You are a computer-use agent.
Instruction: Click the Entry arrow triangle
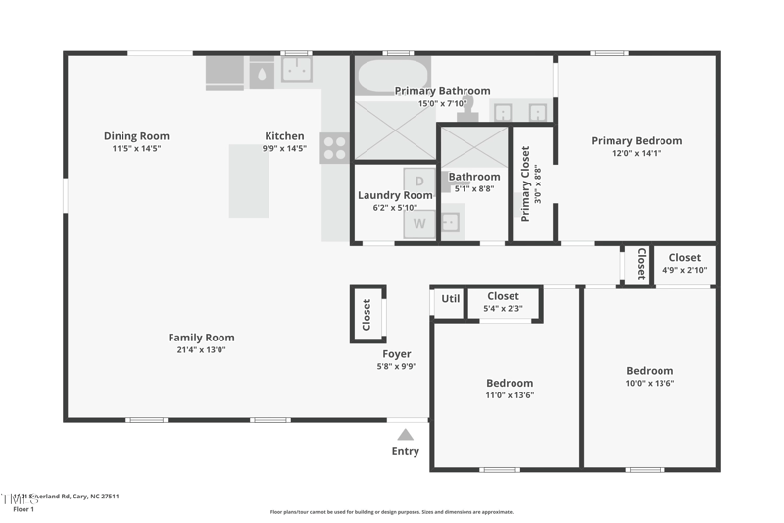click(x=406, y=434)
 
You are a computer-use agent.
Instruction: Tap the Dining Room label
click(x=136, y=136)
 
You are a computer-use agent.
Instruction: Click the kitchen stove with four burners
click(x=335, y=148)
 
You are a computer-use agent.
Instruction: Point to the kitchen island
click(x=249, y=182)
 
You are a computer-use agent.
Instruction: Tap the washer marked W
click(x=419, y=223)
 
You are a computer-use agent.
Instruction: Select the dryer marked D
click(x=419, y=182)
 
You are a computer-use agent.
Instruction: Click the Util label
click(x=450, y=299)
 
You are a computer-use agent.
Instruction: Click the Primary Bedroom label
click(x=636, y=140)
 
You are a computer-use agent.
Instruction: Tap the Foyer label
click(x=397, y=354)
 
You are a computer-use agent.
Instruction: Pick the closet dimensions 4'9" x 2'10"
click(x=684, y=270)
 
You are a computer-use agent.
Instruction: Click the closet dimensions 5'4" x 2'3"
click(x=503, y=308)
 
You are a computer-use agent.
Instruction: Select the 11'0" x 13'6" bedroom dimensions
click(x=510, y=395)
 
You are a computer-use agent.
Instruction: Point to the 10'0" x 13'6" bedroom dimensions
click(x=650, y=383)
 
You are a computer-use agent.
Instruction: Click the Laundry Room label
click(x=394, y=195)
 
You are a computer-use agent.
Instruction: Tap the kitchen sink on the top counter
click(x=297, y=71)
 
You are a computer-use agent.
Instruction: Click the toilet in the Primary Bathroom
click(x=467, y=105)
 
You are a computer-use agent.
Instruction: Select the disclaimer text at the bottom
click(x=391, y=512)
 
